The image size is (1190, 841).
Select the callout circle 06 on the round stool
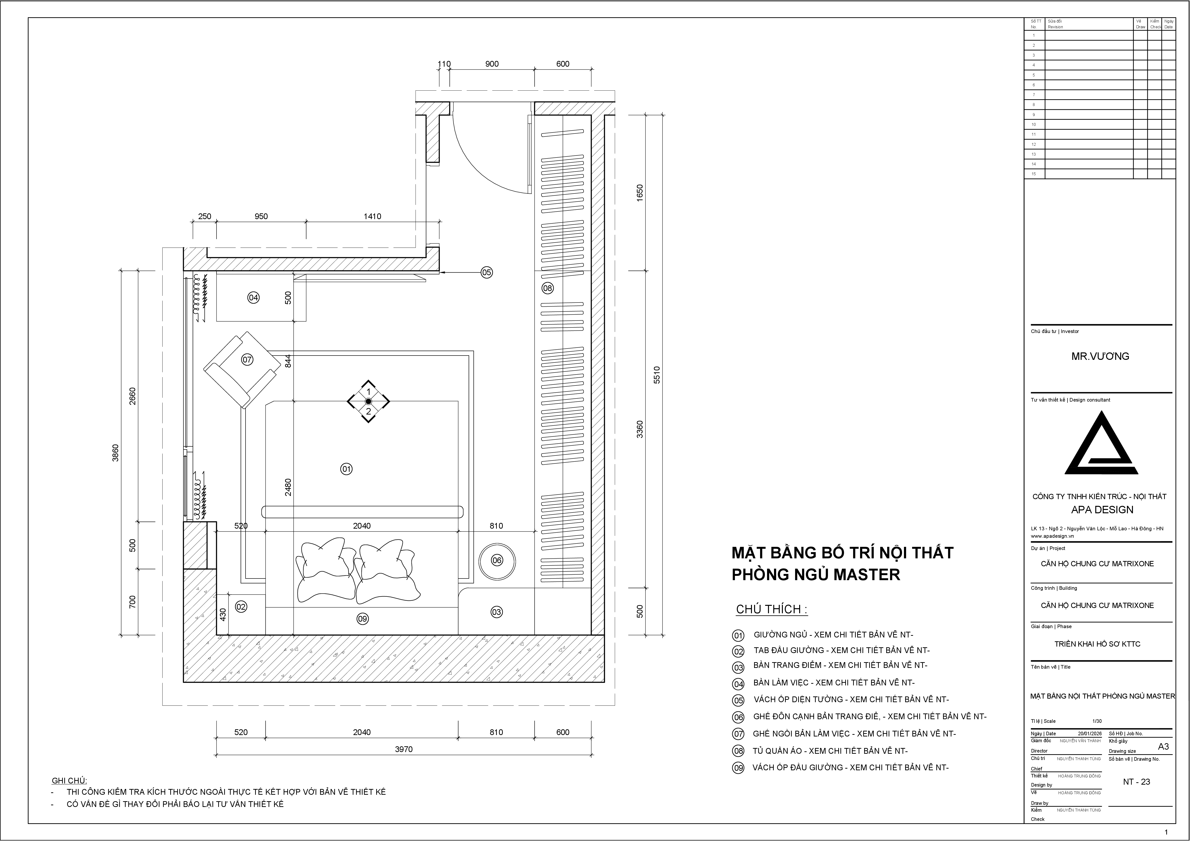click(x=497, y=560)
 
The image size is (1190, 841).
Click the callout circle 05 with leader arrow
click(x=486, y=272)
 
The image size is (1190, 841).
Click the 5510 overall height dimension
click(x=657, y=375)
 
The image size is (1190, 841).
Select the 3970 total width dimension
click(x=404, y=749)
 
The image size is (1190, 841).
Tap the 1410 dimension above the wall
click(x=372, y=216)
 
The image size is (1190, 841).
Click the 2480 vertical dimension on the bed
click(x=288, y=487)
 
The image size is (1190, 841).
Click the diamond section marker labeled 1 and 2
click(x=368, y=402)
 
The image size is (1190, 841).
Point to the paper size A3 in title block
click(x=1163, y=747)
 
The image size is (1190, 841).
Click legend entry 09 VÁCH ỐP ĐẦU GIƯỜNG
click(x=850, y=767)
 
